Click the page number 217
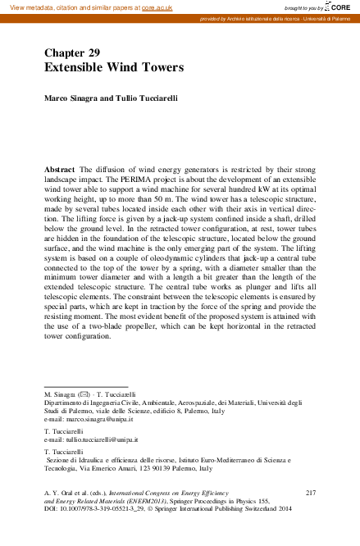pyautogui.click(x=310, y=492)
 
